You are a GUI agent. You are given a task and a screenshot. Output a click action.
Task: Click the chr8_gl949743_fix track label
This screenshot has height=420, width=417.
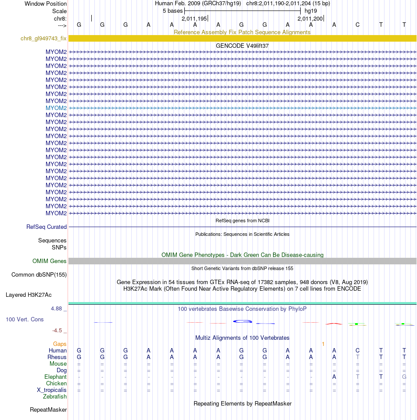point(43,39)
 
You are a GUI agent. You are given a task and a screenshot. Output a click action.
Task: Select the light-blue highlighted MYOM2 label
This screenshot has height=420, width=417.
point(56,108)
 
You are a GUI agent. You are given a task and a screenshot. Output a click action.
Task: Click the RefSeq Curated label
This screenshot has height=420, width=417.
point(47,227)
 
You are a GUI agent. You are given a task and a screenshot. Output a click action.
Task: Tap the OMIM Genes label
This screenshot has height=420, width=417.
point(50,261)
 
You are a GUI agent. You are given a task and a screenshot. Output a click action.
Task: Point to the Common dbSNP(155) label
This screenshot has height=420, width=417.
point(39,275)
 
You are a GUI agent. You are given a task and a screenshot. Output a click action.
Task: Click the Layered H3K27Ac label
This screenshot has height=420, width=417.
point(29,295)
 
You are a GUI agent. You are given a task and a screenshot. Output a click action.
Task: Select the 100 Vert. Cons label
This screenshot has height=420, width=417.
point(25,320)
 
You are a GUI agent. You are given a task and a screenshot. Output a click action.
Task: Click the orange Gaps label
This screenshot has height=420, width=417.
point(60,344)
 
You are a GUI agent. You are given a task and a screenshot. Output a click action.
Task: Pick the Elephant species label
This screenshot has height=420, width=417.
point(55,377)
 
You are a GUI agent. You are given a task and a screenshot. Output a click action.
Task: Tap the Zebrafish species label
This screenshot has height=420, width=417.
point(55,397)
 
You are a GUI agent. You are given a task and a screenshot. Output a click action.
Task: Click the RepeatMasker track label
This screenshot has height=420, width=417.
point(48,410)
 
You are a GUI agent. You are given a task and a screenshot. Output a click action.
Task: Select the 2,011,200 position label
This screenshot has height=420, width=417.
point(310,19)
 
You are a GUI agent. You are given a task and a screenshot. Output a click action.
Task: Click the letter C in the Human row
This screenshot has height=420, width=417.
point(358,351)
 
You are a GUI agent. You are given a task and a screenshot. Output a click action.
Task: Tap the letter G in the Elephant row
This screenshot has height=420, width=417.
point(404,377)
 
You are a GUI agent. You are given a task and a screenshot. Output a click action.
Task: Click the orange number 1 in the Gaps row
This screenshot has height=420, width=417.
point(323,344)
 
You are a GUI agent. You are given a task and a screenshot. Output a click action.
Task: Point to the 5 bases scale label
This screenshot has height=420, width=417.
point(173,11)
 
